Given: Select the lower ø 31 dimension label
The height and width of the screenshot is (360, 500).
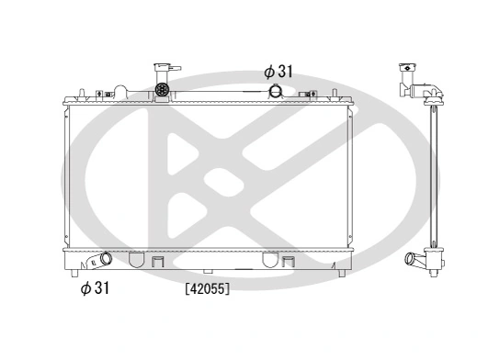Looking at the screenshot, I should (x=96, y=288).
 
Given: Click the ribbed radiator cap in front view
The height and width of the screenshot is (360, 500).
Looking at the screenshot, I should (x=164, y=91).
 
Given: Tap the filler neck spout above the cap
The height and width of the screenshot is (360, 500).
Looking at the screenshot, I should (x=165, y=70).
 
